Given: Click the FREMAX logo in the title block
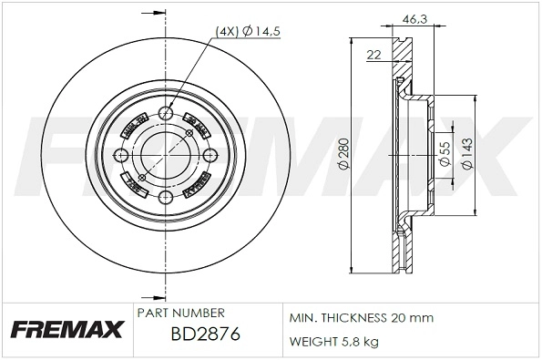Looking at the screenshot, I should [x=66, y=329].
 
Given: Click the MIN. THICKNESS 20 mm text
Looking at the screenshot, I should [x=361, y=318].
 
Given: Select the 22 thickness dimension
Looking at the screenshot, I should [x=373, y=56].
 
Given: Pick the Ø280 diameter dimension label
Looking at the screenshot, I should [x=343, y=156].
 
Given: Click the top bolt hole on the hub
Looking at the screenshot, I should [x=165, y=113].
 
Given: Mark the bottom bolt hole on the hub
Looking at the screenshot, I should [x=165, y=198].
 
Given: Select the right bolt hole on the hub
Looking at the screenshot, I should [x=208, y=156].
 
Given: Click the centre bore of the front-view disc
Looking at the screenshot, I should [x=165, y=156].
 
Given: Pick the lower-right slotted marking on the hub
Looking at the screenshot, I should [x=195, y=190].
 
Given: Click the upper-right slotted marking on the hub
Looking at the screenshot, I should [x=195, y=121].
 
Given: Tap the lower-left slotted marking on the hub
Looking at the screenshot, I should [x=135, y=188].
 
